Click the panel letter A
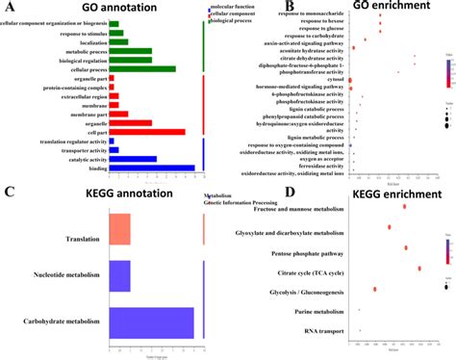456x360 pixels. coord(8,8)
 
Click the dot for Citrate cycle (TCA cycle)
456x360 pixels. coord(419,242)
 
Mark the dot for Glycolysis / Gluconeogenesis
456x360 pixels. coord(375,263)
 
